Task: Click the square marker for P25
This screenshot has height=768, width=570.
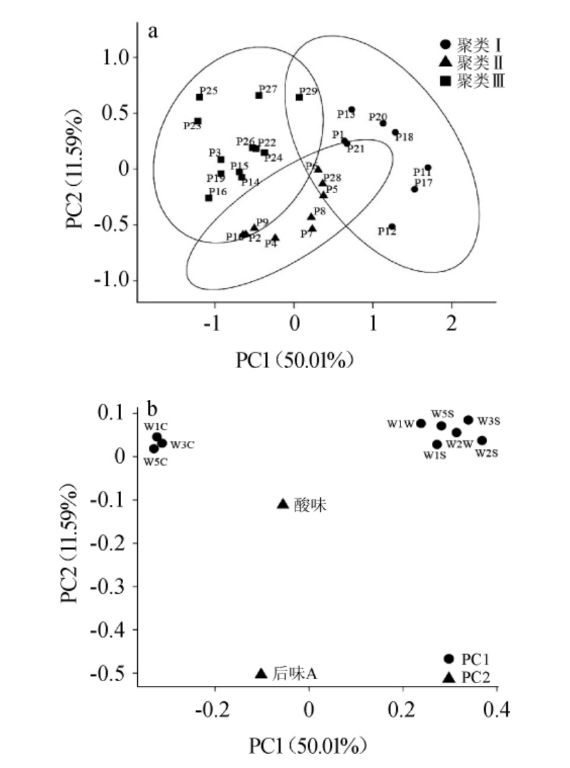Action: click(199, 97)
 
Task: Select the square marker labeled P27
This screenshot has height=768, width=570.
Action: click(258, 95)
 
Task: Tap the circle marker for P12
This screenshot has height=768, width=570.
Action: click(392, 227)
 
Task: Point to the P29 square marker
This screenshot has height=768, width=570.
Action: click(299, 97)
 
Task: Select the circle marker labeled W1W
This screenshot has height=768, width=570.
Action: click(421, 423)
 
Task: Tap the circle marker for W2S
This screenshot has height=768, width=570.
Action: click(482, 440)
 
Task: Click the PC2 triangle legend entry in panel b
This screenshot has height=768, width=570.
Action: click(471, 677)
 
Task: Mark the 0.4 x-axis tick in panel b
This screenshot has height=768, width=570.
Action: click(496, 710)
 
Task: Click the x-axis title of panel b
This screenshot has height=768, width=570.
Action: click(308, 746)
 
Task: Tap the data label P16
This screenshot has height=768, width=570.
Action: click(217, 192)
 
